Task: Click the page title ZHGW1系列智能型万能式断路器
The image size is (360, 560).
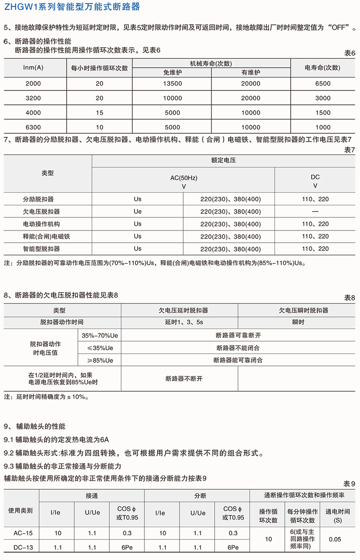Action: [x=72, y=7]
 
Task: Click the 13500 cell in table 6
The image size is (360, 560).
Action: [x=172, y=83]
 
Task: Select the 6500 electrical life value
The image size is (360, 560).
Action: [x=323, y=83]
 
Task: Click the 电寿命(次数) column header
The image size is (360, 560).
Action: [x=323, y=68]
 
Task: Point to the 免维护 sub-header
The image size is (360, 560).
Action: [x=172, y=72]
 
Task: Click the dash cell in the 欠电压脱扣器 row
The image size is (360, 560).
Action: [x=315, y=211]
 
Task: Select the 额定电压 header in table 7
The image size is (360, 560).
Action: [x=224, y=160]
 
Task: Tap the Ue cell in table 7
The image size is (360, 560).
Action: [x=138, y=211]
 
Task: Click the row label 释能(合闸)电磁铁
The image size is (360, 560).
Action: [x=41, y=236]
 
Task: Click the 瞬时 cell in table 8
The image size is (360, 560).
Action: [x=298, y=322]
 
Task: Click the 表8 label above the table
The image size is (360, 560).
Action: [x=350, y=298]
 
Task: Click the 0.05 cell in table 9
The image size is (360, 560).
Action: [x=335, y=539]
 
